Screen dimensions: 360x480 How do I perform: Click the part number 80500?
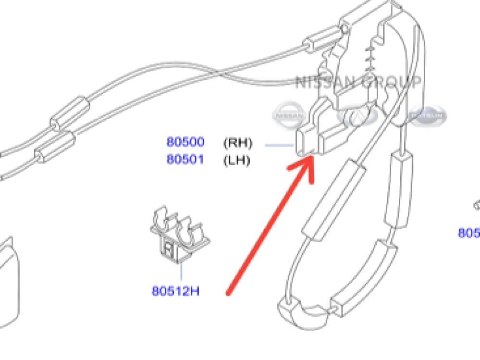pyautogui.click(x=185, y=142)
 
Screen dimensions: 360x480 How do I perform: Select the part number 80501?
pyautogui.click(x=185, y=159)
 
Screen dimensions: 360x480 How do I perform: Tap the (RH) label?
pyautogui.click(x=237, y=143)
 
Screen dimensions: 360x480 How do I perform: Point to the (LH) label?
pyautogui.click(x=237, y=160)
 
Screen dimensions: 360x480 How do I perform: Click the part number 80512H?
pyautogui.click(x=175, y=291)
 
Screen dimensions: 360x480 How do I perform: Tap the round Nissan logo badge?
pyautogui.click(x=289, y=115)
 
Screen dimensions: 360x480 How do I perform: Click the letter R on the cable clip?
pyautogui.click(x=168, y=249)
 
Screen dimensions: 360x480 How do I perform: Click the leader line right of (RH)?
pyautogui.click(x=279, y=144)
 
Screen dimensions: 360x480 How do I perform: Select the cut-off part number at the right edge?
pyautogui.click(x=468, y=233)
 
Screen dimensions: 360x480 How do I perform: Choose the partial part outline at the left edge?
pyautogui.click(x=10, y=279)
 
